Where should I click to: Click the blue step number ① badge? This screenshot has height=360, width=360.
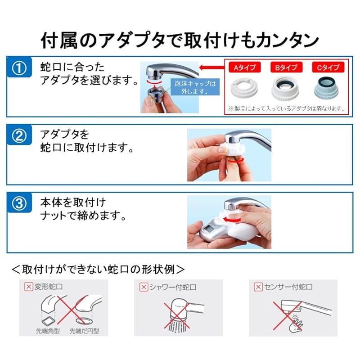(19, 67)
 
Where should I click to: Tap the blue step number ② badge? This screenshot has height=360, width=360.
(19, 135)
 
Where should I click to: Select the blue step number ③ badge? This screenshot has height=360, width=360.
(19, 203)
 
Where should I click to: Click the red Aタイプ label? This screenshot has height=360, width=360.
(244, 67)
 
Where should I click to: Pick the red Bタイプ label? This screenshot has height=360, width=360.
(286, 67)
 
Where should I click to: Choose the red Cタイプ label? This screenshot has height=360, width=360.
(328, 67)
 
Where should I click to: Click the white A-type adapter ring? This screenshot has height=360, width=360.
(244, 88)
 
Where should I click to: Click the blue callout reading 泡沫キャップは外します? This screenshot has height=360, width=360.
(195, 87)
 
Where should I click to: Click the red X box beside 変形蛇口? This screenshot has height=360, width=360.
(29, 287)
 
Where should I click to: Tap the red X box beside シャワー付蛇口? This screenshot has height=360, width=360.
(144, 287)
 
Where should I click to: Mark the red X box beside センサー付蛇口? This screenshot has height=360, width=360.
(258, 287)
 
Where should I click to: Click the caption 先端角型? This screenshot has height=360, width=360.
(48, 331)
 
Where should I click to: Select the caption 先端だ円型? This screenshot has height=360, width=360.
(84, 331)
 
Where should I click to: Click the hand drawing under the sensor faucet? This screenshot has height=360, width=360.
(296, 324)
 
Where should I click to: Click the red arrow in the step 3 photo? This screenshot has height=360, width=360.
(231, 220)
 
